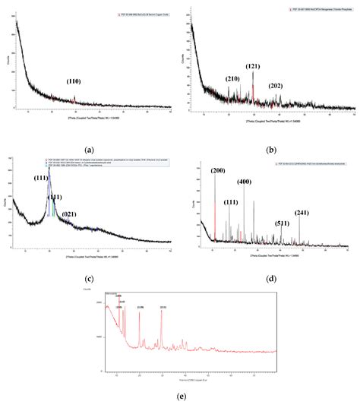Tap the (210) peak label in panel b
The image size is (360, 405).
tap(232, 78)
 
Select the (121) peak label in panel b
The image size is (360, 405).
tap(254, 66)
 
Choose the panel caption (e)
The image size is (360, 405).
tap(180, 397)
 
